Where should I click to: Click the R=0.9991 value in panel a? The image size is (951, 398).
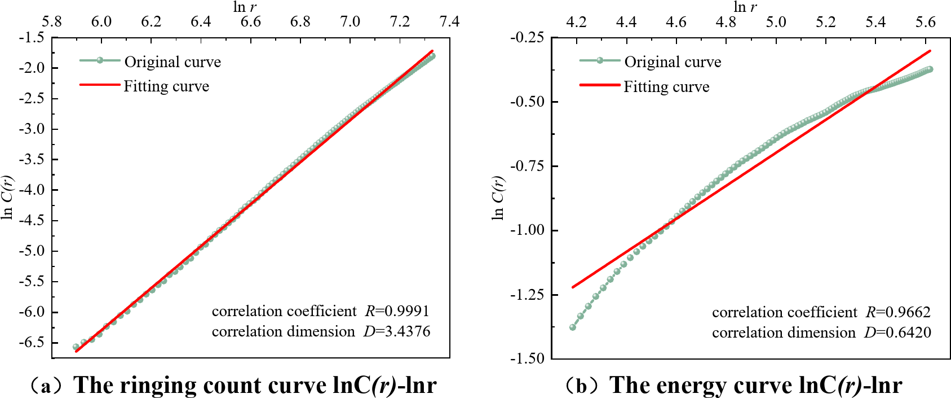click(x=397, y=311)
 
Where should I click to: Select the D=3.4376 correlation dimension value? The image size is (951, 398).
click(x=397, y=331)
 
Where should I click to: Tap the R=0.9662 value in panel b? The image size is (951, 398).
click(x=898, y=312)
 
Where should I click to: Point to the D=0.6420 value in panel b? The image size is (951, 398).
click(x=897, y=333)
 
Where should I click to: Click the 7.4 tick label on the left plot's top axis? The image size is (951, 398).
click(x=449, y=22)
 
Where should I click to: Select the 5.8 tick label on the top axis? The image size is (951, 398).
click(x=52, y=22)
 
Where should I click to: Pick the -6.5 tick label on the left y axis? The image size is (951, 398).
click(x=32, y=343)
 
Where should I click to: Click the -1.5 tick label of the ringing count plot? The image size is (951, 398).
click(x=32, y=38)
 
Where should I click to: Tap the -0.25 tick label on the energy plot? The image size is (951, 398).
click(x=528, y=38)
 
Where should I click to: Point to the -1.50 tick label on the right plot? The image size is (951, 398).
click(x=528, y=358)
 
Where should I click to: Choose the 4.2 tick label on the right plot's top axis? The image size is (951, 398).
click(x=576, y=22)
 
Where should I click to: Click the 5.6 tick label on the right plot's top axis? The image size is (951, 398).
click(x=926, y=22)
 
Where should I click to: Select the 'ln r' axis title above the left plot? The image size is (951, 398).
click(x=244, y=7)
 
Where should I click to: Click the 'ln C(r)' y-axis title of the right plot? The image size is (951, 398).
click(x=498, y=198)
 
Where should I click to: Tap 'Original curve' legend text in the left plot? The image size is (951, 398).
click(x=172, y=62)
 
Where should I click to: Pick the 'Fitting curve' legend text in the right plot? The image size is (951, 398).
click(x=666, y=86)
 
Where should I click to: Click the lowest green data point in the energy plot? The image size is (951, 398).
click(x=573, y=327)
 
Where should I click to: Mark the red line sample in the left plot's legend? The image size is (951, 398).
click(x=100, y=85)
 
